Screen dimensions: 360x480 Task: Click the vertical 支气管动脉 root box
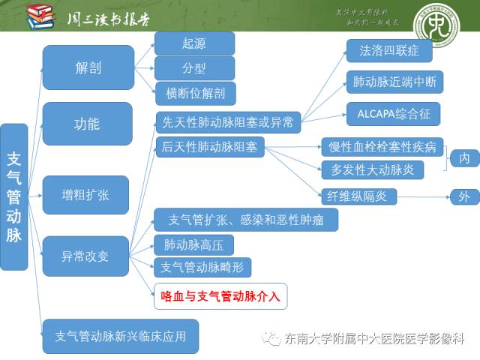tap(14, 196)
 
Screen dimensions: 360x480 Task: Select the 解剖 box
tap(88, 67)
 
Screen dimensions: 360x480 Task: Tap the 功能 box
tap(87, 124)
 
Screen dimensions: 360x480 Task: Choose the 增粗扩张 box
tap(85, 195)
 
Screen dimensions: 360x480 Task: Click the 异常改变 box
tap(85, 256)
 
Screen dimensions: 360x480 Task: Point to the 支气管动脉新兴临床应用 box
tap(120, 336)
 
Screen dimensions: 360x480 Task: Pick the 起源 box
tap(194, 43)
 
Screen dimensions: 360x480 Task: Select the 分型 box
tap(194, 68)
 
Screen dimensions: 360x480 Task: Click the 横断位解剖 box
tap(194, 93)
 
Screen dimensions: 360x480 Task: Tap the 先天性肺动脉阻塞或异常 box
tap(228, 121)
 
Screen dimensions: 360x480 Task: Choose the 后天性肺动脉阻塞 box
tap(209, 147)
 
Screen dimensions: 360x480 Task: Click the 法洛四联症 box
tap(389, 50)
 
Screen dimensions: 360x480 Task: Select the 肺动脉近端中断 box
tap(394, 82)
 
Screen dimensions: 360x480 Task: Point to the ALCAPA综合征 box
tap(393, 114)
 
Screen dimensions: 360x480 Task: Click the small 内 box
tap(464, 158)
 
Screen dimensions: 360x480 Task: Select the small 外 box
tap(464, 197)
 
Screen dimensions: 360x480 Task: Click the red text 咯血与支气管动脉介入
tap(220, 296)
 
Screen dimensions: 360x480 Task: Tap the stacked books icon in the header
tap(40, 16)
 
